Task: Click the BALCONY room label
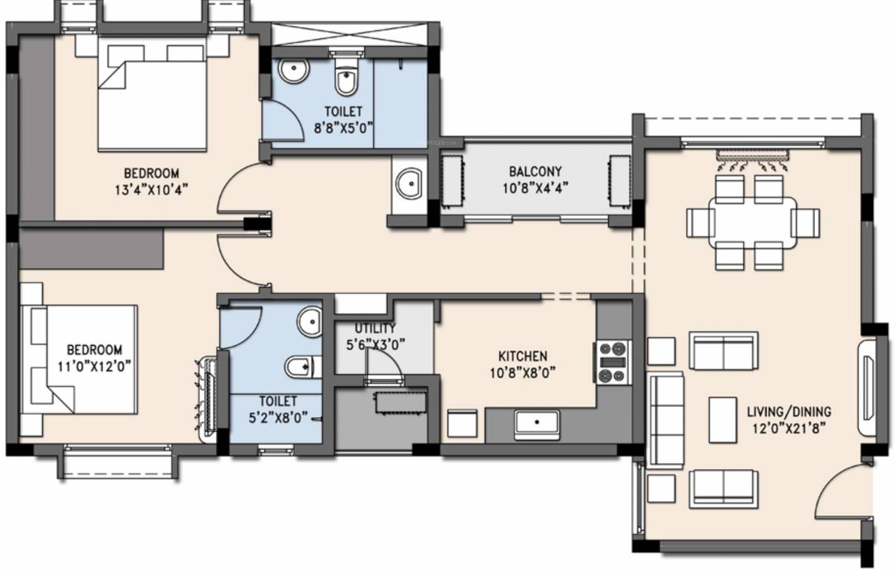point(535,170)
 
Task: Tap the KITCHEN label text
point(522,356)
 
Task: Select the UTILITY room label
point(375,328)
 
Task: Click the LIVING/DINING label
point(789,411)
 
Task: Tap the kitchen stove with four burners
point(613,362)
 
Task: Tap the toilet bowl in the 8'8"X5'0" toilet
point(345,79)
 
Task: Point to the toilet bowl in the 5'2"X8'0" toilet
point(301,366)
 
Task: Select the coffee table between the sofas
point(722,420)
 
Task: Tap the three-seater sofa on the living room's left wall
point(665,420)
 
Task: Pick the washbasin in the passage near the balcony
point(407,183)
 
